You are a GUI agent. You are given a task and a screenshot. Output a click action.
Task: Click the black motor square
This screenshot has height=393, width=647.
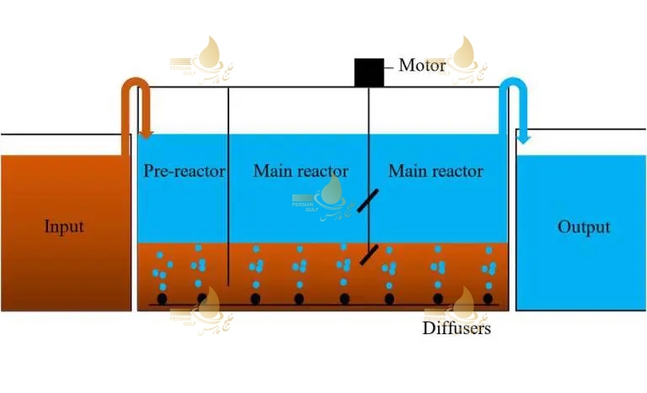pos(369,72)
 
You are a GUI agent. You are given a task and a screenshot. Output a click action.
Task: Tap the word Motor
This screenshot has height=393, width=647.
pos(422,66)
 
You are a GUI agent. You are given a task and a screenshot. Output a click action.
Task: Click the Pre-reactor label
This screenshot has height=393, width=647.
pos(184,172)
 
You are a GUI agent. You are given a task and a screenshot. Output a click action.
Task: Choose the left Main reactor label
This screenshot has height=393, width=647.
pos(301,172)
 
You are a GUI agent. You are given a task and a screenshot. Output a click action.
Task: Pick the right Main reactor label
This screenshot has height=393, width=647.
pos(436,172)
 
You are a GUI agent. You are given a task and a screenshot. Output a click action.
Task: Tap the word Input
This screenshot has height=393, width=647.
pos(64,227)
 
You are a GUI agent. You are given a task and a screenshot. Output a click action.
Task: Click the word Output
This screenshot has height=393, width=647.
pos(584,227)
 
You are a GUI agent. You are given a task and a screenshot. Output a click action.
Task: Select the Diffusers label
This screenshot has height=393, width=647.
pos(456,328)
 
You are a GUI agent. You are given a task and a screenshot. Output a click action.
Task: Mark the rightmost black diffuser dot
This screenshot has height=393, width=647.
pos(488,298)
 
